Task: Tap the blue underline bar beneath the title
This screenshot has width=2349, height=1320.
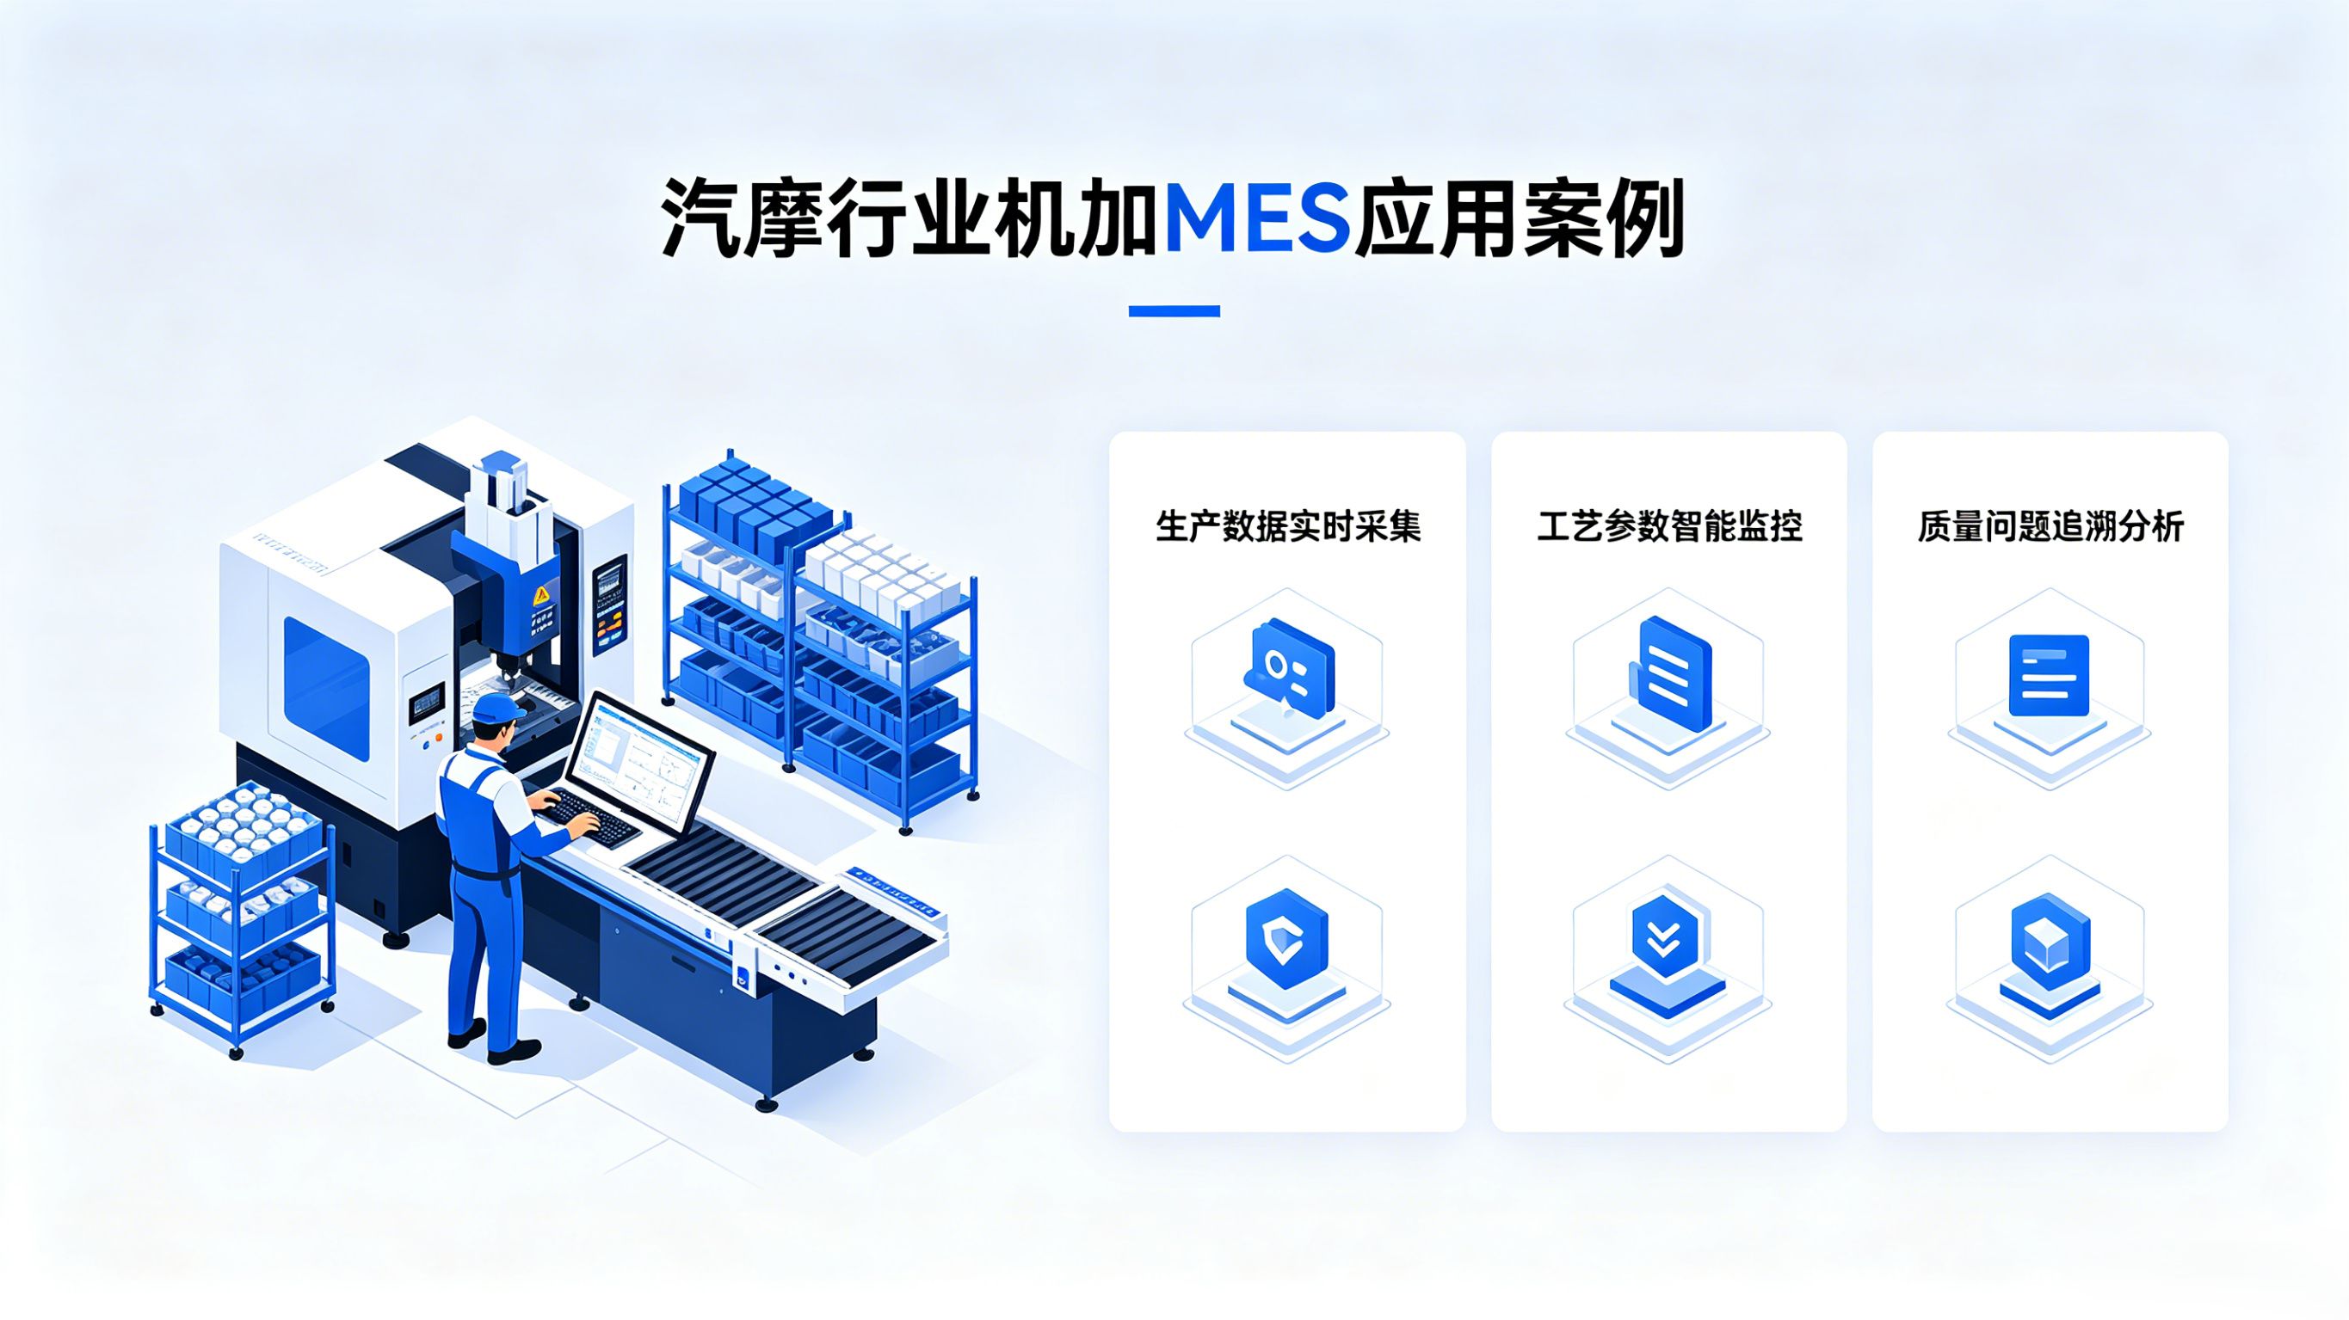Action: coord(1174,310)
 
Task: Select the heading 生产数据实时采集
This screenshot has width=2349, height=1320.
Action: coord(1287,527)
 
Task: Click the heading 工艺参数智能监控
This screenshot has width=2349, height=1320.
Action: coord(1669,527)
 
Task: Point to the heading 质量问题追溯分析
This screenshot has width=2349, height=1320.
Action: coord(2050,527)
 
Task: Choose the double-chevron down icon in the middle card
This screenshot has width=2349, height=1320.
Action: coord(1666,939)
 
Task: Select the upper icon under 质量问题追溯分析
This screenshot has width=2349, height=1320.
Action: coord(2049,674)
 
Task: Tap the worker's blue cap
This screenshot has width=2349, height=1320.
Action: coord(498,708)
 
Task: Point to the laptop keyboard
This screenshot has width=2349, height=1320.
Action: coord(591,818)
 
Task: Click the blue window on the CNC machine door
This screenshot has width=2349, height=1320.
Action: coord(326,688)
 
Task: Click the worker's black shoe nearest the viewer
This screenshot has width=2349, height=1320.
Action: coord(515,1051)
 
